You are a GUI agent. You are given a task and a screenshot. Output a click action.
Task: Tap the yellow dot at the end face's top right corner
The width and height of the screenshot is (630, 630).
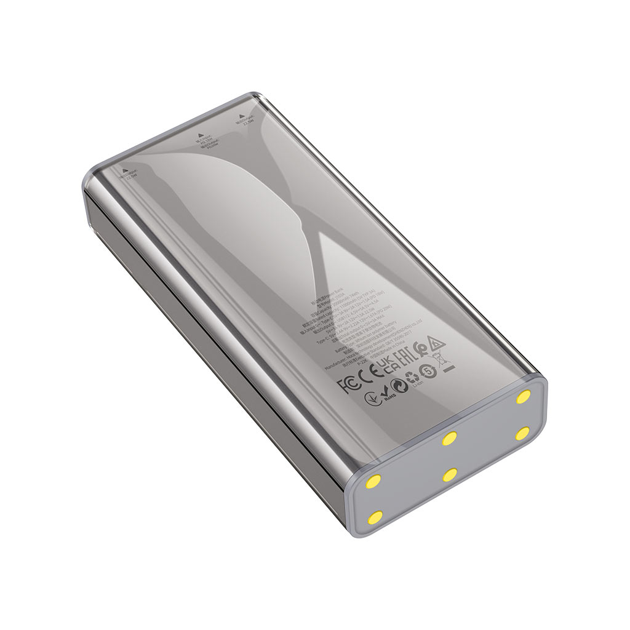tap(524, 396)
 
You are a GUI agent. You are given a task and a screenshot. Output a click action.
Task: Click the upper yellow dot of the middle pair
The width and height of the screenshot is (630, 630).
tap(450, 439)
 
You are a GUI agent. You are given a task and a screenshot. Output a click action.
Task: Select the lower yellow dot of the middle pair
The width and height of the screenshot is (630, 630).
tap(450, 475)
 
